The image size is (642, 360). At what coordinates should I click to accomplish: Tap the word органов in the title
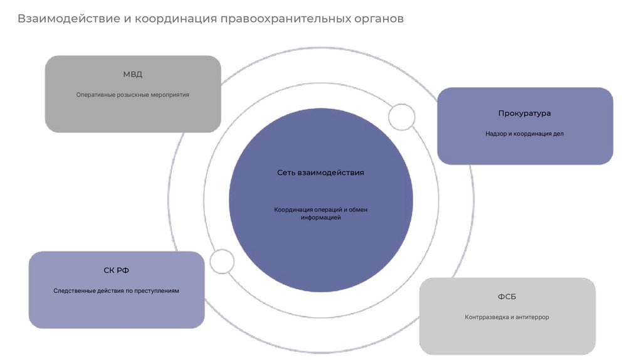(377, 19)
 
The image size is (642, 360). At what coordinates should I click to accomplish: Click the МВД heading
(132, 74)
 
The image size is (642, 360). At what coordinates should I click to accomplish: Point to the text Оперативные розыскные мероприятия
(132, 95)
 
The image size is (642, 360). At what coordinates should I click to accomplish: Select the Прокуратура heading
(524, 114)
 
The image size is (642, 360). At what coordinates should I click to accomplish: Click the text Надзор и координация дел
(524, 134)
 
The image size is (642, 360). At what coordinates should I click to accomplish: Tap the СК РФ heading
(117, 270)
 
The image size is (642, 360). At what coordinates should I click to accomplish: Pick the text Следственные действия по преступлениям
(117, 291)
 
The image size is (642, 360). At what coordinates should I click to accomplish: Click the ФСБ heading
(507, 297)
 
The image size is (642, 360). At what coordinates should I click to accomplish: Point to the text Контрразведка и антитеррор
(507, 317)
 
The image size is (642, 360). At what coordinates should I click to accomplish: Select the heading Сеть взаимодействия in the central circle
(320, 172)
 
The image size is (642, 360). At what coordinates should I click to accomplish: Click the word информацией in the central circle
(320, 218)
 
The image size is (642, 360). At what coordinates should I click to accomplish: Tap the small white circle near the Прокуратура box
(401, 117)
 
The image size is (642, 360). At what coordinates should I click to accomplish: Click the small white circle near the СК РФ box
(221, 261)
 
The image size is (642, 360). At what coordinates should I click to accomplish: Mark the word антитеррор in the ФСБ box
(532, 317)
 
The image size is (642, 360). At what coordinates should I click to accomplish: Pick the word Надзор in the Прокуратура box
(495, 134)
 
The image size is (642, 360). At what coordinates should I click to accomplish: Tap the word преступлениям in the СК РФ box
(159, 291)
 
